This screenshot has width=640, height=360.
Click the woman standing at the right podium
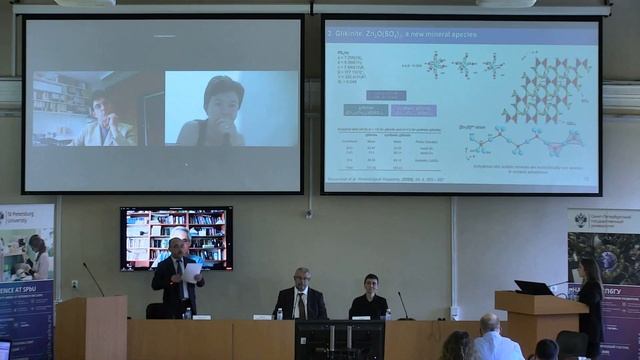(x=589, y=300)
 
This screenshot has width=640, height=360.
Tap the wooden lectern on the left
(x=90, y=327)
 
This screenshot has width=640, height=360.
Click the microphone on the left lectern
(x=94, y=279)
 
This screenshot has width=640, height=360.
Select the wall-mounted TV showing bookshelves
(x=176, y=238)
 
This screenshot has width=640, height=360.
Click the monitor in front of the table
(x=339, y=339)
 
